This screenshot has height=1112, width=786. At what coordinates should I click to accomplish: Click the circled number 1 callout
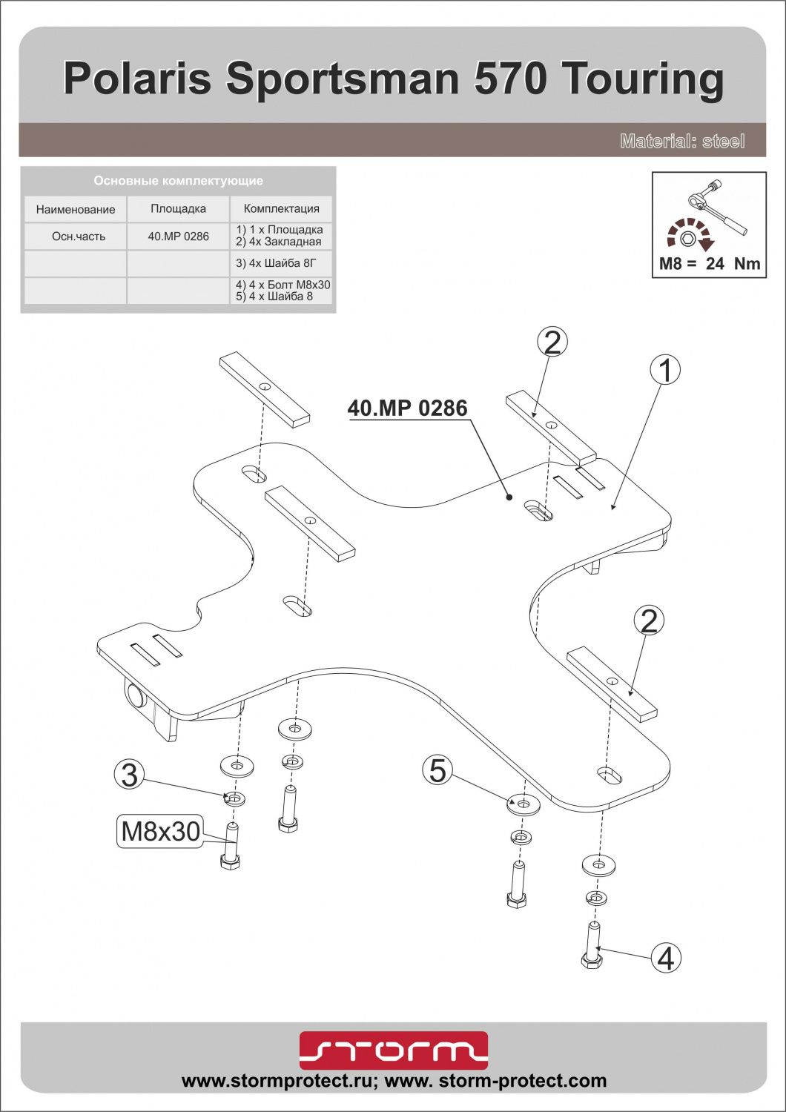[x=665, y=371]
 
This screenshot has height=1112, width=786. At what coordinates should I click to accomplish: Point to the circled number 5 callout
[x=437, y=770]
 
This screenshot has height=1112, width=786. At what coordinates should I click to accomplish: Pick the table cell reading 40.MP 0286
[x=178, y=236]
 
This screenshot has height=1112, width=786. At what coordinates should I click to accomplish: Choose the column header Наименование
[x=76, y=209]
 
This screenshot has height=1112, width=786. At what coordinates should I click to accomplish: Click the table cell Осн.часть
[x=79, y=236]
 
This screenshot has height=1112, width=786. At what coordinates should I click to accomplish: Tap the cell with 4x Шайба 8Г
[x=281, y=263]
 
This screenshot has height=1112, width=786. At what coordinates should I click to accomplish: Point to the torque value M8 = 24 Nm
[x=710, y=263]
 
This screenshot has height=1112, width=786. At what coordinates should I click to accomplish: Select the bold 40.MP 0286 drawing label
[x=408, y=408]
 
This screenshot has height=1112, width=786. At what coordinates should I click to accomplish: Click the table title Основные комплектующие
[x=178, y=181]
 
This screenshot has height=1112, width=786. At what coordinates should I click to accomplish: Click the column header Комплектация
[x=281, y=208]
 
